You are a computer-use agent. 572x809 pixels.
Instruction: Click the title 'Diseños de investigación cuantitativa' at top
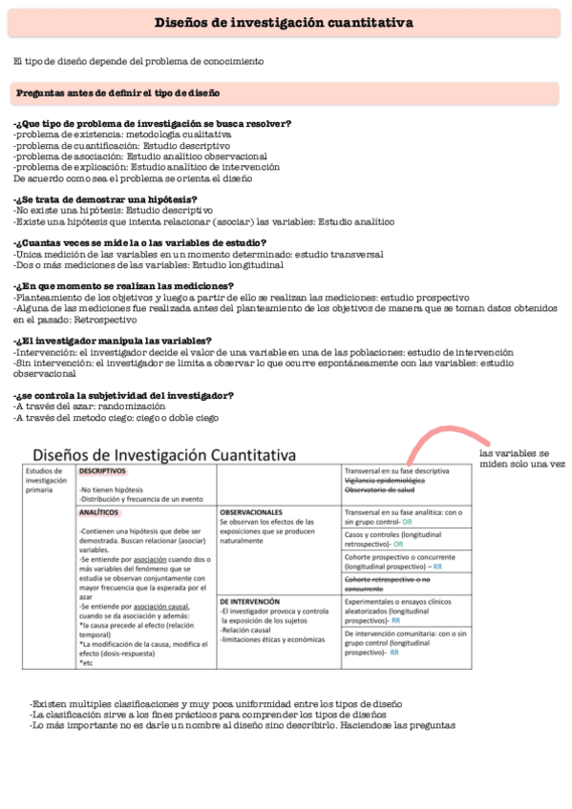point(284,23)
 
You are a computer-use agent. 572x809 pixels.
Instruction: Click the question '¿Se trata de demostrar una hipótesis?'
point(113,198)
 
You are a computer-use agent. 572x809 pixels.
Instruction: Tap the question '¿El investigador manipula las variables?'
point(113,341)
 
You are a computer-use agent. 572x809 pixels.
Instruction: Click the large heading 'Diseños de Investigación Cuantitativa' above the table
point(163,454)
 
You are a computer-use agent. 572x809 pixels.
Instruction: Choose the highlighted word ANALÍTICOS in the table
point(99,512)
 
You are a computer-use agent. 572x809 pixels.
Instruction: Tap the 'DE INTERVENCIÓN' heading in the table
point(249,602)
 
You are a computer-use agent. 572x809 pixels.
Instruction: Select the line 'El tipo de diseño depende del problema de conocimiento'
point(138,61)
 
